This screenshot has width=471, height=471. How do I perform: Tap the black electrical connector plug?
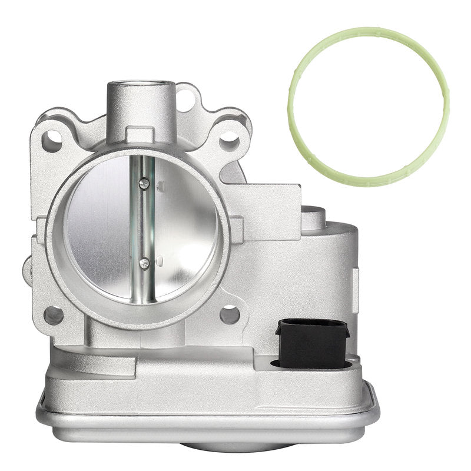click(311, 343)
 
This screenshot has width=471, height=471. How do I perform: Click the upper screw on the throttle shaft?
click(144, 184)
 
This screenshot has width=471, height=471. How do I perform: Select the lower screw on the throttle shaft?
click(144, 264)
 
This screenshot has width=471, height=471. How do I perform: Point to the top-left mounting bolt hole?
click(52, 140)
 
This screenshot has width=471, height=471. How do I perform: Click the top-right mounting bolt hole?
click(229, 141)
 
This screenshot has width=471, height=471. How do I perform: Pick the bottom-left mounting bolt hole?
click(53, 315)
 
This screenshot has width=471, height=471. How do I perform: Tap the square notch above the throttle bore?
click(141, 135)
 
